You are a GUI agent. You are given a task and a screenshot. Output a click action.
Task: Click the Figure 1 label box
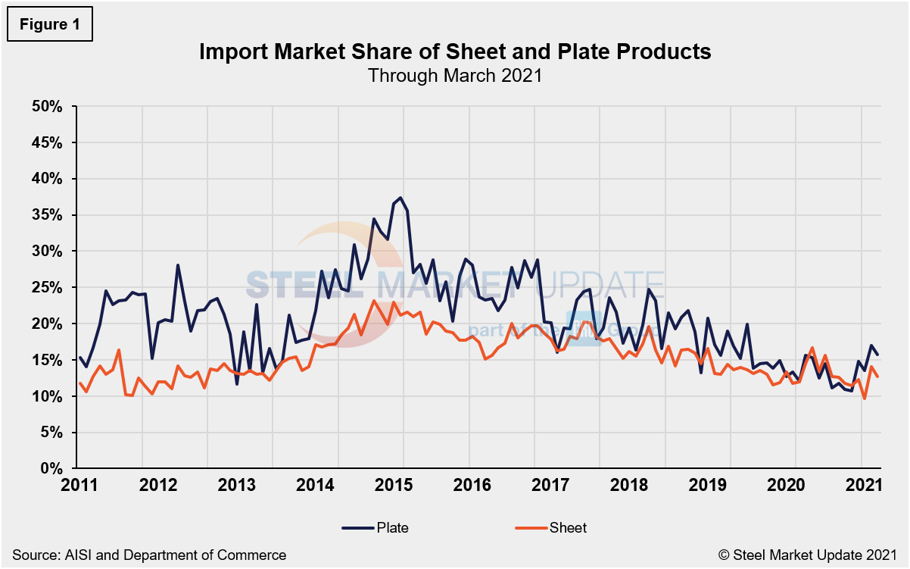click(48, 24)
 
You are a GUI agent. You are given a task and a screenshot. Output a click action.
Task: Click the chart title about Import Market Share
click(454, 52)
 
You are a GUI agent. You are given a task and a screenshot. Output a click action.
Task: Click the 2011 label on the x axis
click(79, 484)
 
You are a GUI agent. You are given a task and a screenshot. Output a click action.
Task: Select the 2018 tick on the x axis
click(599, 484)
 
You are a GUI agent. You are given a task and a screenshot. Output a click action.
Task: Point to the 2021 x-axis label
click(861, 484)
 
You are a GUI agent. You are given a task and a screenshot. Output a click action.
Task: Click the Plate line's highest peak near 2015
click(400, 198)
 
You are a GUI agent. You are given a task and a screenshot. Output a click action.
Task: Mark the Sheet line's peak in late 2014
click(373, 301)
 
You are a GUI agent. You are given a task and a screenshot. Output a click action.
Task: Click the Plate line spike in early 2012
click(177, 265)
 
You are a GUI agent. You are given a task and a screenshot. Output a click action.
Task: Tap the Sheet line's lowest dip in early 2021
click(865, 398)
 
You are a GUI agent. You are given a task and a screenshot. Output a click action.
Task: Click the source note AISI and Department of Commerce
click(149, 555)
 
